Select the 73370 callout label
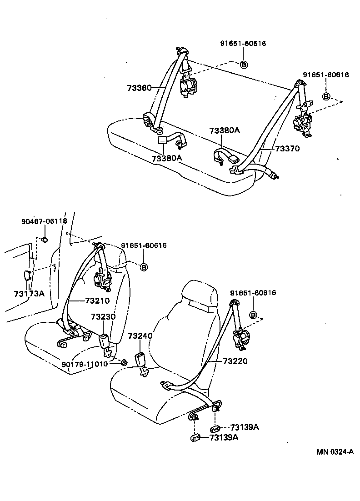tap(287, 148)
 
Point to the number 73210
tap(97, 301)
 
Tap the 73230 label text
tap(103, 317)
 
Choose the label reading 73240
tap(140, 336)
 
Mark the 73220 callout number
tap(235, 361)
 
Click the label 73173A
tap(26, 294)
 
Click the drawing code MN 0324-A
tap(335, 452)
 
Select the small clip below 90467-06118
tap(45, 240)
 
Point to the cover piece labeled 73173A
tap(27, 276)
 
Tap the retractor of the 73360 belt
tap(188, 86)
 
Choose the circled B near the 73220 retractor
tap(254, 315)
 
